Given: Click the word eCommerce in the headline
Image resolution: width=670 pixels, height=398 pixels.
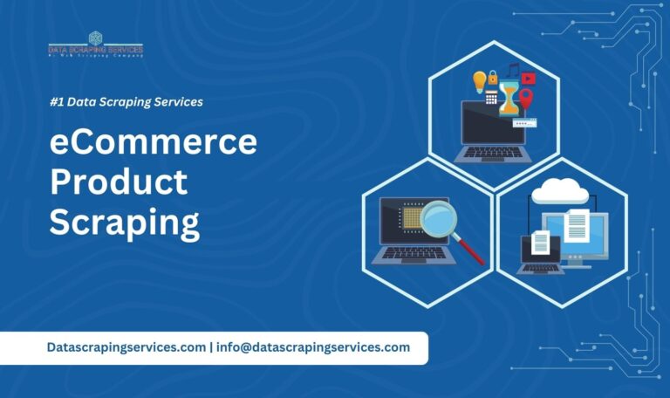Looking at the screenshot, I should pos(153,141).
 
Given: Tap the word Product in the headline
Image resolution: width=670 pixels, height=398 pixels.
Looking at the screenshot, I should pos(118,182).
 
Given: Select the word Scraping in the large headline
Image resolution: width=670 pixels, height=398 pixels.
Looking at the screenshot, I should pos(124,222).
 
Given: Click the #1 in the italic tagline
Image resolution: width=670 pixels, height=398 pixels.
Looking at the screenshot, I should pos(57,102).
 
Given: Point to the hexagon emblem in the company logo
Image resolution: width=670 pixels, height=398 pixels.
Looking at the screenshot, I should pos(96,38).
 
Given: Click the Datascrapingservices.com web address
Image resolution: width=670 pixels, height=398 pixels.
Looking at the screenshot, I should pos(126,347).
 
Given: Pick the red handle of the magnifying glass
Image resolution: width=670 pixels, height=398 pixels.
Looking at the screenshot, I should pos(472,250).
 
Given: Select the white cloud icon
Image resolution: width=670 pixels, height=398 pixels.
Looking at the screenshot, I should pos(559,189).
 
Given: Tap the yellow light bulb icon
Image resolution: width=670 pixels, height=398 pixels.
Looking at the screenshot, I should pos(479,83).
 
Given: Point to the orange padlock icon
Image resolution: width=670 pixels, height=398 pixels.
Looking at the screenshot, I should pos(493,77).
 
